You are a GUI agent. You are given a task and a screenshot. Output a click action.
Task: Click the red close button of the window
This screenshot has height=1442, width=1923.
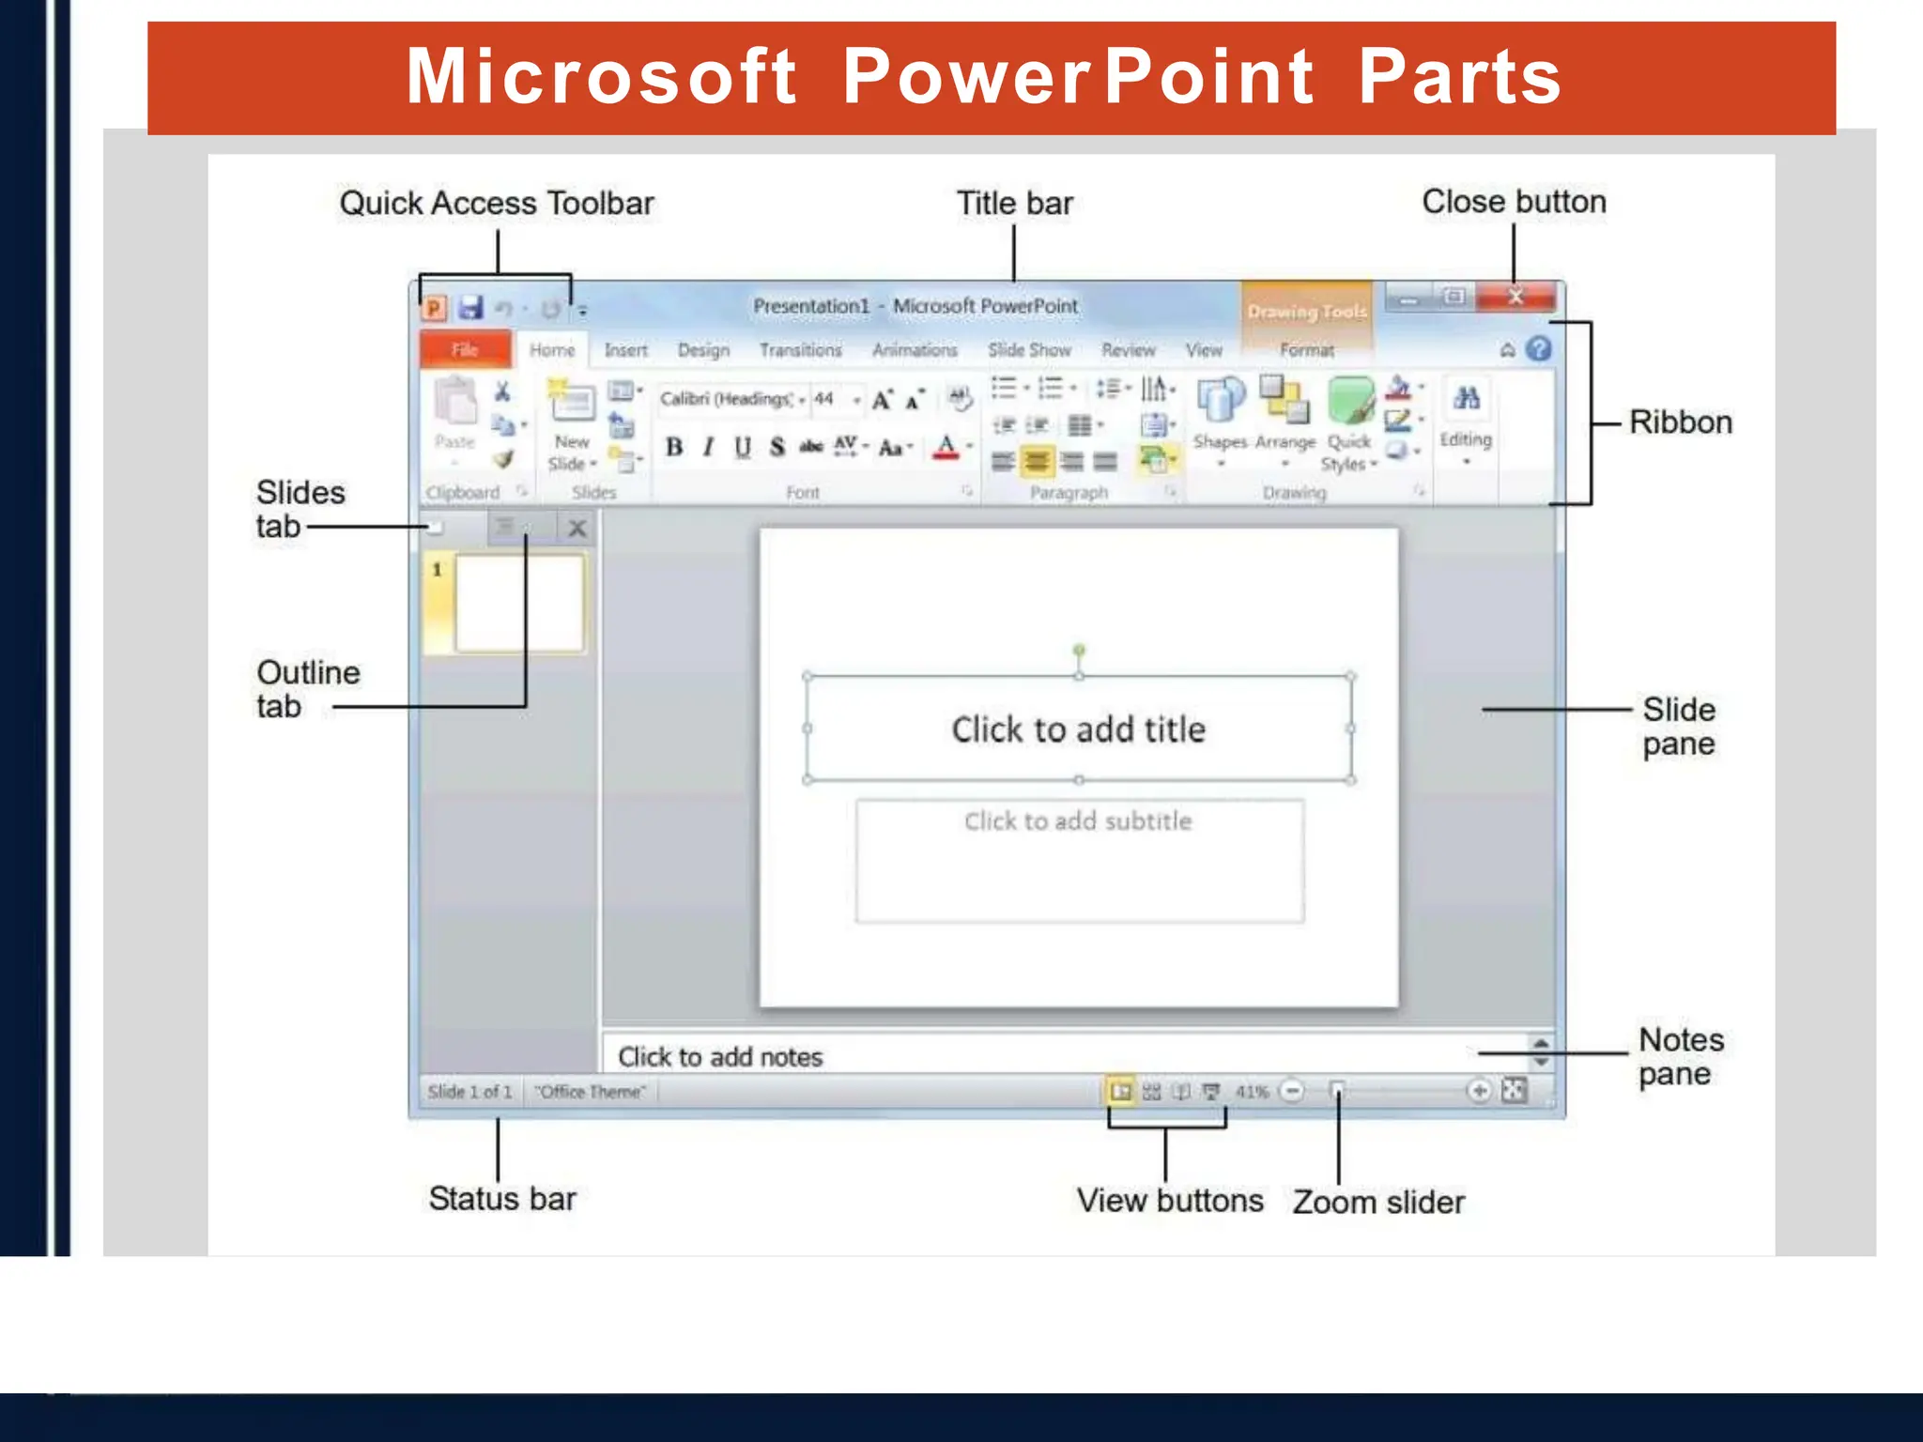pyautogui.click(x=1515, y=298)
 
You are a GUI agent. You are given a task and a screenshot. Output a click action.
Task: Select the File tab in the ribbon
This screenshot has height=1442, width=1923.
pyautogui.click(x=465, y=350)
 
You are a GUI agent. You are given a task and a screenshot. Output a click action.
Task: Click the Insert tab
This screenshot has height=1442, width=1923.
pyautogui.click(x=625, y=350)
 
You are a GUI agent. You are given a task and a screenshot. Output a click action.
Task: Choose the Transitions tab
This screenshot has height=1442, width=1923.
pyautogui.click(x=800, y=350)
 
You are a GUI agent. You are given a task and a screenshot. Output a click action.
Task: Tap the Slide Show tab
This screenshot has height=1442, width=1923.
pyautogui.click(x=1029, y=350)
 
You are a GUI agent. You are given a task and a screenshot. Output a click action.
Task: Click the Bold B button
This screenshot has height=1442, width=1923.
pyautogui.click(x=673, y=447)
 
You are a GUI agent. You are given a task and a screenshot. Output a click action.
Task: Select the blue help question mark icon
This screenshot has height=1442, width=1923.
pyautogui.click(x=1538, y=349)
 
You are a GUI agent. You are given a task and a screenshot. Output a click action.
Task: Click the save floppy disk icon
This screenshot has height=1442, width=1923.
pyautogui.click(x=469, y=308)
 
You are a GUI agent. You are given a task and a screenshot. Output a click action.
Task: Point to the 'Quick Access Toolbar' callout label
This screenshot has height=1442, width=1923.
pyautogui.click(x=497, y=203)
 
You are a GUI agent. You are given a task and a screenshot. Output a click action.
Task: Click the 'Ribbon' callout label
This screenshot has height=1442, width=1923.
pyautogui.click(x=1680, y=422)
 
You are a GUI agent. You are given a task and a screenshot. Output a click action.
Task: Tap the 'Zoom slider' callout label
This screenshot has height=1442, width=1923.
pyautogui.click(x=1378, y=1202)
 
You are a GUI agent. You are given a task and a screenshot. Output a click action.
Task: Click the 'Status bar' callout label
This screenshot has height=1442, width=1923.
pyautogui.click(x=502, y=1199)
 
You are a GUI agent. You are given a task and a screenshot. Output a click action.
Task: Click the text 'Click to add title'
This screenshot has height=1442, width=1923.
pyautogui.click(x=1078, y=729)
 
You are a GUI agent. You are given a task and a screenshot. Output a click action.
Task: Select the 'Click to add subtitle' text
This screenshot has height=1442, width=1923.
pyautogui.click(x=1078, y=821)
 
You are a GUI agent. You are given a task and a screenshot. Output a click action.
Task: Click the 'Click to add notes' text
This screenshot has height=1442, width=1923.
pyautogui.click(x=720, y=1057)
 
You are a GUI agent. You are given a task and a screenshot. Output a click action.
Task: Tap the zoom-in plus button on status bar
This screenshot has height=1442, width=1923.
pyautogui.click(x=1479, y=1091)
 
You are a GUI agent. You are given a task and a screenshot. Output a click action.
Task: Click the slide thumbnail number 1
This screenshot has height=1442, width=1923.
pyautogui.click(x=518, y=602)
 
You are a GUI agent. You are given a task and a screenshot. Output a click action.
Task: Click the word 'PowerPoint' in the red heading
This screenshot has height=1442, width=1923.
pyautogui.click(x=1078, y=77)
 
